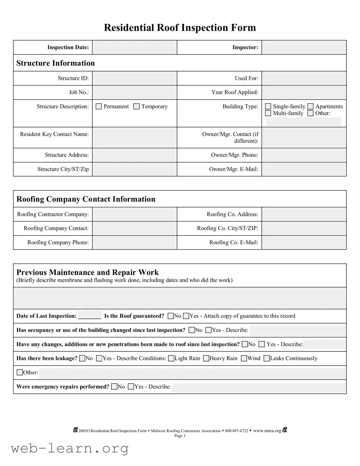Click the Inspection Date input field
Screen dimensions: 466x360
point(134,48)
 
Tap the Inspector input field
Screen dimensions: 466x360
point(304,48)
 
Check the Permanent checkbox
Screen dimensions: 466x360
point(99,106)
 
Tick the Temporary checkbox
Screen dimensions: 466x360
point(137,106)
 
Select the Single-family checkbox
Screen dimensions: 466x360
point(268,106)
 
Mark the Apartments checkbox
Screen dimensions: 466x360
point(310,106)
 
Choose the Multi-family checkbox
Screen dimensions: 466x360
point(268,113)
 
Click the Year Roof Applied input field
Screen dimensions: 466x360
point(304,92)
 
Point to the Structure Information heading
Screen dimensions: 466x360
point(56,63)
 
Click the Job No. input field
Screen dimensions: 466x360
point(134,92)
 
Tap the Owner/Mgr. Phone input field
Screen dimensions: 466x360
point(304,155)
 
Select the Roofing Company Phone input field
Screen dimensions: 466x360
point(134,242)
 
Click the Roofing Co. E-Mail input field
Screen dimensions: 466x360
point(304,242)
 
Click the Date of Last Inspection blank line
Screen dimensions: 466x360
point(90,315)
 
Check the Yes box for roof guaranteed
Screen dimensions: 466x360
point(186,316)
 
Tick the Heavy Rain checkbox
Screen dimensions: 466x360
point(206,358)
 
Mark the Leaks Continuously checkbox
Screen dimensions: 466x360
point(267,358)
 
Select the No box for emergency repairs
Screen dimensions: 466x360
point(114,386)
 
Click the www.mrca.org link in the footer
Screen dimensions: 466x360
point(267,431)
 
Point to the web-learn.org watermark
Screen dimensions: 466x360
point(70,448)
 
